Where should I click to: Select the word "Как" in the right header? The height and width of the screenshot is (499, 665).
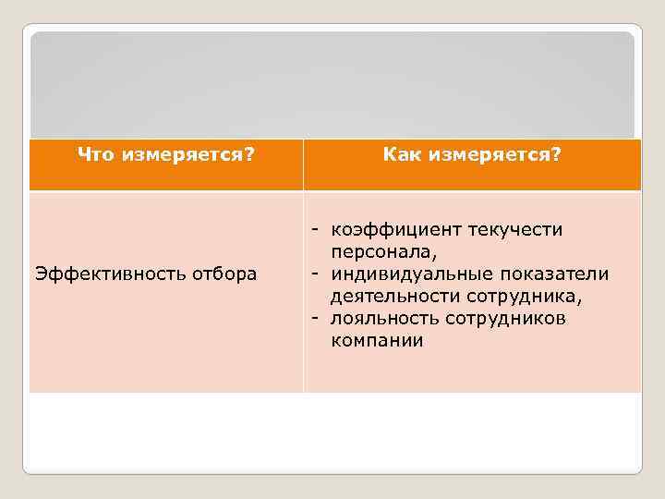(401, 154)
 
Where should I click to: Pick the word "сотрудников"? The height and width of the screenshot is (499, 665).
(505, 318)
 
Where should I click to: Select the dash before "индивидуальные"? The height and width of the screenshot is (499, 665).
(315, 274)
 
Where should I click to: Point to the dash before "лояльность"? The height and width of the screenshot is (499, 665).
(315, 319)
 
